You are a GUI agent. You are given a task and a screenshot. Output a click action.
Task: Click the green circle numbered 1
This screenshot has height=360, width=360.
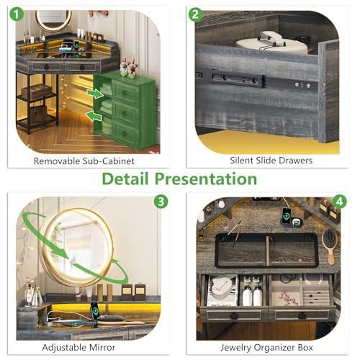click(17, 14)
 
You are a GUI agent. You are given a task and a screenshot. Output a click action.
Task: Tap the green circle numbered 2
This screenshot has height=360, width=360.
click(195, 14)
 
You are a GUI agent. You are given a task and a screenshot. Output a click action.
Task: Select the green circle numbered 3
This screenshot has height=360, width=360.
click(161, 202)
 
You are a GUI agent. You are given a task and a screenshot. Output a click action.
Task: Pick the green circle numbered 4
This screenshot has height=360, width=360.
click(339, 202)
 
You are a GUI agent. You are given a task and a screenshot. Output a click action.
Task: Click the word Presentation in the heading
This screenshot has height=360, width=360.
click(206, 179)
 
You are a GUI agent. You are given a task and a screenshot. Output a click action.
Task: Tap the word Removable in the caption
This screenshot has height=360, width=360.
click(57, 161)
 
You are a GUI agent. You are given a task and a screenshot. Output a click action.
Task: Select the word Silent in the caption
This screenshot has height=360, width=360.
click(241, 161)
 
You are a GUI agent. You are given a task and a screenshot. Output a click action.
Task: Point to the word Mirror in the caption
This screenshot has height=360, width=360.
click(102, 347)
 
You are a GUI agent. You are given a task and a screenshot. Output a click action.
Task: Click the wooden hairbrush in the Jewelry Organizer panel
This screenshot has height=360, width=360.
click(329, 246)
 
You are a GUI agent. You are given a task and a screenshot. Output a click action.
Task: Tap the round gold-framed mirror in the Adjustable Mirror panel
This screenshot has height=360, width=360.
click(78, 247)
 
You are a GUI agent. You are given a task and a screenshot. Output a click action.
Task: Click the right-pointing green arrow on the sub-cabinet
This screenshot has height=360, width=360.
click(95, 94)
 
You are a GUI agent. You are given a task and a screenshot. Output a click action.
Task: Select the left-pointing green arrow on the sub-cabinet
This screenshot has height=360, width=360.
click(94, 116)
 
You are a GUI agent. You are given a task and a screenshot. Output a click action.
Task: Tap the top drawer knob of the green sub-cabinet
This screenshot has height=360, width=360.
click(124, 92)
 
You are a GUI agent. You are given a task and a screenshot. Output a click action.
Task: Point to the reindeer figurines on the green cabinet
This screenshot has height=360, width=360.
click(128, 68)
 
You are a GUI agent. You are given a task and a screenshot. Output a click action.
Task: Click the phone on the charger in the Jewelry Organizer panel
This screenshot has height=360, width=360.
click(286, 215)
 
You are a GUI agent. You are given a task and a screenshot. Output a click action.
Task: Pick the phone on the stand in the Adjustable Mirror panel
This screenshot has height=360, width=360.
click(95, 310)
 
